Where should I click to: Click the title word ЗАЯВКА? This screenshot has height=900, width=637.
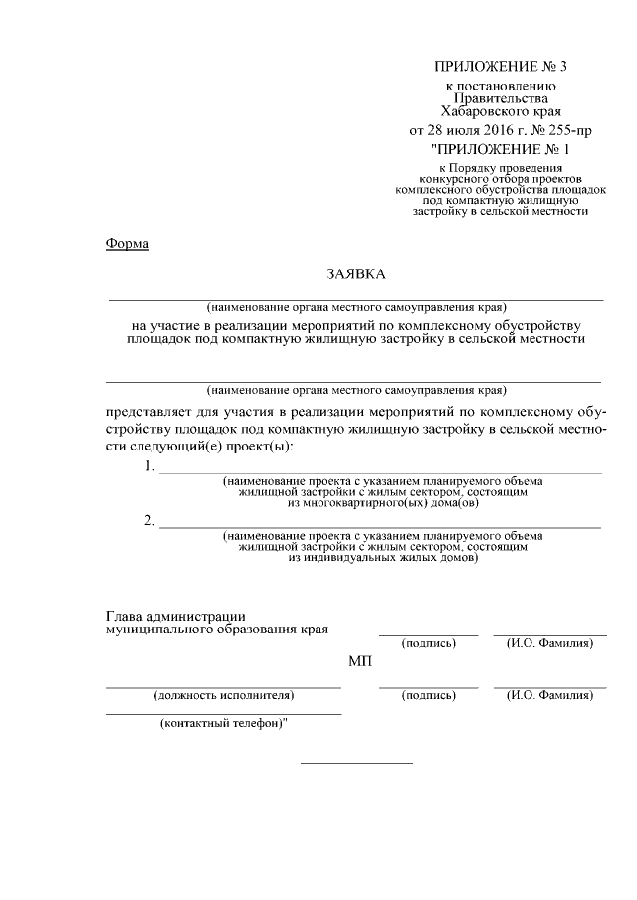pyautogui.click(x=355, y=272)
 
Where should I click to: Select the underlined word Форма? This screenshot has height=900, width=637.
pyautogui.click(x=127, y=245)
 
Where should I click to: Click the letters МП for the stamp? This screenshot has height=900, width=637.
pyautogui.click(x=359, y=662)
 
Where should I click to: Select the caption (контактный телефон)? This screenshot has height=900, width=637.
pyautogui.click(x=224, y=723)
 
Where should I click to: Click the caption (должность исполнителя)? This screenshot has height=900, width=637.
pyautogui.click(x=223, y=696)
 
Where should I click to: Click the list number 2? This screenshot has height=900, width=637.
pyautogui.click(x=148, y=521)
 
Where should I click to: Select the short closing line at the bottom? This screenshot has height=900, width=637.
pyautogui.click(x=356, y=763)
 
